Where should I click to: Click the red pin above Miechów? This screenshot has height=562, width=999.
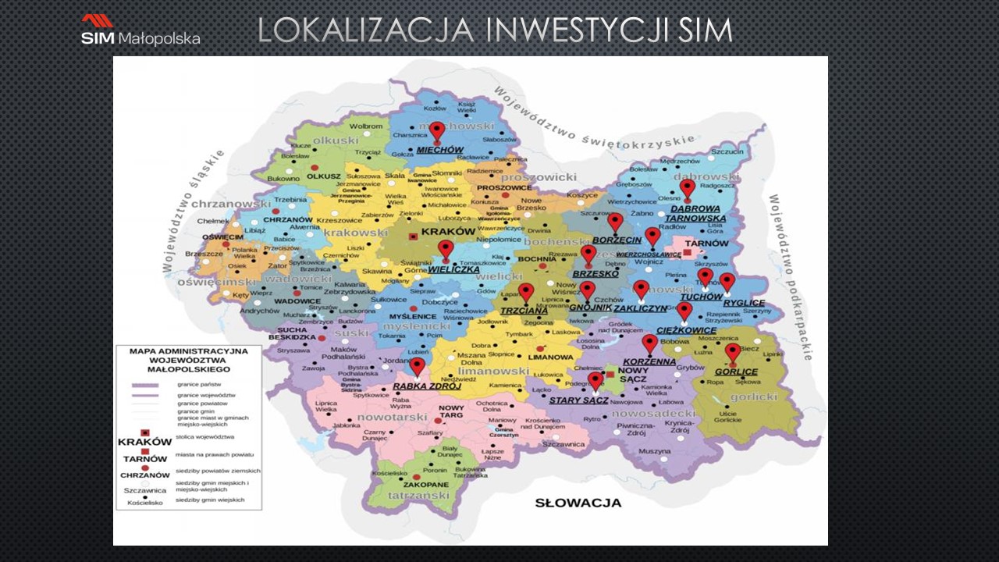pos(437,131)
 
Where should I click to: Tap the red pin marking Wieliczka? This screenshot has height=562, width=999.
pos(445,250)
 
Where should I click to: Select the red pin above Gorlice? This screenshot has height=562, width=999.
pos(732,353)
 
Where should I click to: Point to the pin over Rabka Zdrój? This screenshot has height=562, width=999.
pos(418,366)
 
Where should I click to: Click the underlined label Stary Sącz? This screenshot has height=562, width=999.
pos(579,400)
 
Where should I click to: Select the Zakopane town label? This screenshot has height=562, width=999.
pos(425,485)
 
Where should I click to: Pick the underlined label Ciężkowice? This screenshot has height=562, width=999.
pos(687,330)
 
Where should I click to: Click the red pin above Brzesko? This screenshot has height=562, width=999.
pos(588,254)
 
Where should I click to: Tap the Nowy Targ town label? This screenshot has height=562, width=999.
pos(451,413)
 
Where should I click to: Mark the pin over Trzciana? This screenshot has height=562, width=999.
pos(526,293)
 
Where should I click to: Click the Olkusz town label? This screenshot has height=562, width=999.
pos(324,176)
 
